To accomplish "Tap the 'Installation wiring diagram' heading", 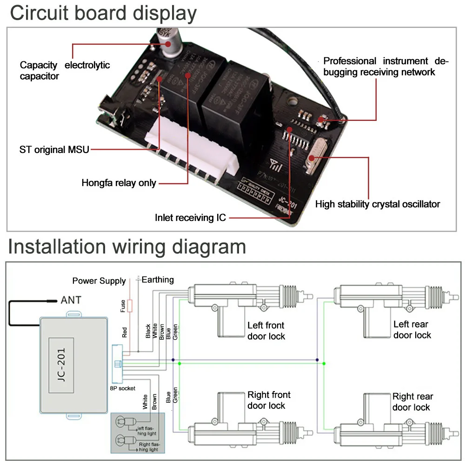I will pyautogui.click(x=126, y=246).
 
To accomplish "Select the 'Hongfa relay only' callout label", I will pyautogui.click(x=119, y=183).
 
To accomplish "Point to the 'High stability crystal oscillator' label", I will pyautogui.click(x=378, y=204).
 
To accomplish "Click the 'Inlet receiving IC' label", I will pyautogui.click(x=190, y=217).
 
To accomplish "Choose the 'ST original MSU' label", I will pyautogui.click(x=54, y=150).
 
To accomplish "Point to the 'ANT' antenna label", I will pyautogui.click(x=71, y=300).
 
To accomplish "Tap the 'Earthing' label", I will pyautogui.click(x=158, y=279).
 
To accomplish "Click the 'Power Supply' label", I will pyautogui.click(x=99, y=281).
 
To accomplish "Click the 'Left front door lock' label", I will pyautogui.click(x=266, y=331).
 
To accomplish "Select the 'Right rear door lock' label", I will pyautogui.click(x=412, y=402).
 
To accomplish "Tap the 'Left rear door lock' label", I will pyautogui.click(x=412, y=330).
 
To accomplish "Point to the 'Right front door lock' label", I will pyautogui.click(x=269, y=400).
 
